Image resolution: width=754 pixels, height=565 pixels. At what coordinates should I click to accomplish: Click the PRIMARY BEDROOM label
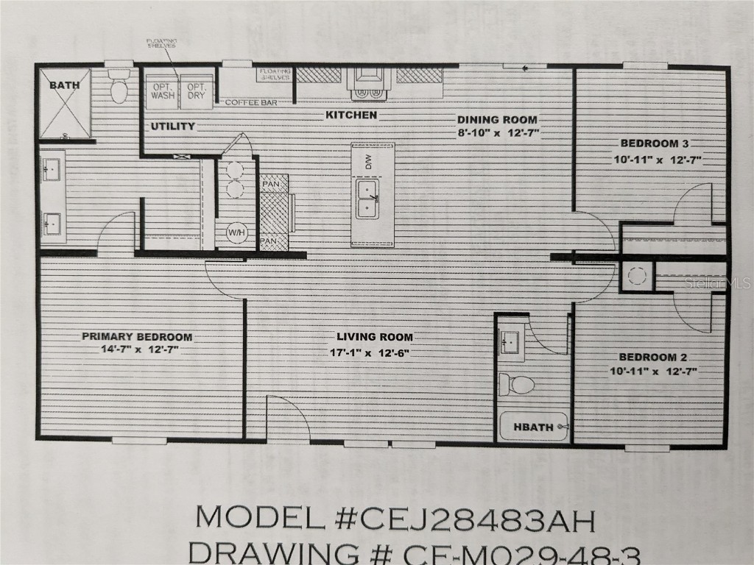(137, 337)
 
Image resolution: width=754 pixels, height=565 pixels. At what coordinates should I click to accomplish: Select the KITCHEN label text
(351, 115)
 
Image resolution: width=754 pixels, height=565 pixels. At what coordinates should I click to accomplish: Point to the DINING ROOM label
(497, 120)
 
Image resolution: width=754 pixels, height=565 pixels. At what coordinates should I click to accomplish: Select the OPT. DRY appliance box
(196, 91)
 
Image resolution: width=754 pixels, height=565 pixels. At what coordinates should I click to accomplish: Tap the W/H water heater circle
(236, 233)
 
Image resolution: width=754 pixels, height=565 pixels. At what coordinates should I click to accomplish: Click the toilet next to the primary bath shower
(119, 88)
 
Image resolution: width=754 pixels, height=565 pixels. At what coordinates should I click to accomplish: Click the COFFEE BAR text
(250, 103)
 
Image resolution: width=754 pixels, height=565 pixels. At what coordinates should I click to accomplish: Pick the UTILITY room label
(173, 126)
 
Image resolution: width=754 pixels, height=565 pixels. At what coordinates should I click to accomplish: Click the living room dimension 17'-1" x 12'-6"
(370, 352)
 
